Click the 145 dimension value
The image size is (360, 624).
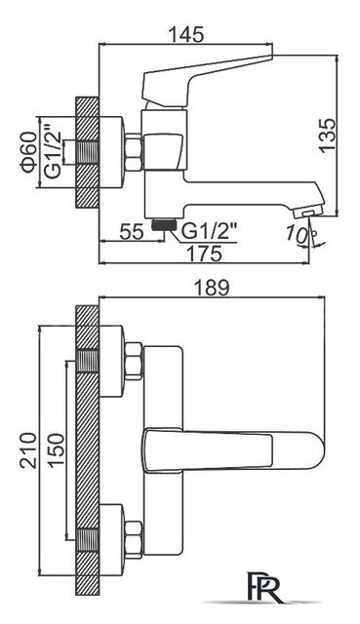coord(186,35)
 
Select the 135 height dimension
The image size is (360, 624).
coord(328,135)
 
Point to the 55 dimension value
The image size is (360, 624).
coord(132,232)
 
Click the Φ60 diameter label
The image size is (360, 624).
coord(29,152)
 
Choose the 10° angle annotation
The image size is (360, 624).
coord(298,233)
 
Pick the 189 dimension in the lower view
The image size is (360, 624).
coord(212,288)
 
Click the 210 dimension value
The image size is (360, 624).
coord(28,450)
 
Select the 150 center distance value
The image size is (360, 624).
coord(57,449)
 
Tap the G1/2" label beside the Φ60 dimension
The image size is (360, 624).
coord(53,152)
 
